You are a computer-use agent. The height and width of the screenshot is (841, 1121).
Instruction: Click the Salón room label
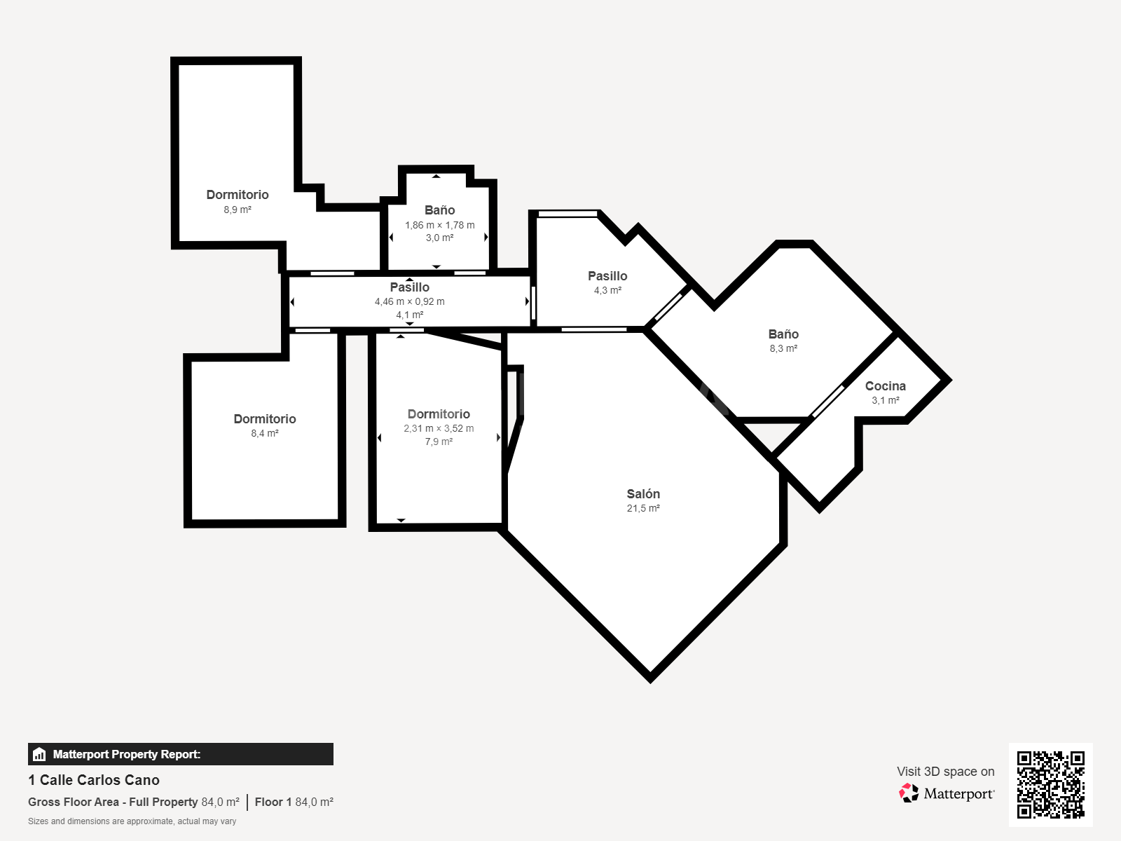point(643,494)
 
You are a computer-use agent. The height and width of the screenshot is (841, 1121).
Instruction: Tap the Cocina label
point(886,386)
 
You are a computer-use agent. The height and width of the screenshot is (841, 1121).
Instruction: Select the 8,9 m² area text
point(238,210)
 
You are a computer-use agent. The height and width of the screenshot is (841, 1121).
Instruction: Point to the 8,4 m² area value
point(265,434)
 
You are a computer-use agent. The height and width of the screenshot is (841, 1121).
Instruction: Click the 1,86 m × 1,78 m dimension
point(439,225)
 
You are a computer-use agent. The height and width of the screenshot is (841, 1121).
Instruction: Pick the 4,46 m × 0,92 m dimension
point(409,302)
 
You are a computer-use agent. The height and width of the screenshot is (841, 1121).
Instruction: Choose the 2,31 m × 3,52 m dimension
point(439,428)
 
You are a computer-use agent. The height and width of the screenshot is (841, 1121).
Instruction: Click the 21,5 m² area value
point(643,509)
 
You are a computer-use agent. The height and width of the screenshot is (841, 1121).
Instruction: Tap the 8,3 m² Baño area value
point(783,348)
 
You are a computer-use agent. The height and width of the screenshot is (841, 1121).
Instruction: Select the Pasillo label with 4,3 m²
point(607,276)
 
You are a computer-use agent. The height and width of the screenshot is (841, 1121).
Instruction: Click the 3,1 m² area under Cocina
point(886,400)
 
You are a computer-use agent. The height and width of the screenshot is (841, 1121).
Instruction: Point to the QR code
point(1050,784)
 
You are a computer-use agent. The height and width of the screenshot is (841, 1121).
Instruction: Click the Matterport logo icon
point(909,793)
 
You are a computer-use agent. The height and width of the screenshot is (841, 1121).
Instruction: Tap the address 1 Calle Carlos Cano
point(94,780)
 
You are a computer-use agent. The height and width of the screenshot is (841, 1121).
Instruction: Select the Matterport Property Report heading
point(127,754)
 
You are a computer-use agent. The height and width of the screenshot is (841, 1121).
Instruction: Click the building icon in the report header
point(39,754)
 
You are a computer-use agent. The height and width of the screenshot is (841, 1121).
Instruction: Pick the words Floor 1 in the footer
point(273,802)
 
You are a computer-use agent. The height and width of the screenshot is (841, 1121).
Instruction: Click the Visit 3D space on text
point(945,772)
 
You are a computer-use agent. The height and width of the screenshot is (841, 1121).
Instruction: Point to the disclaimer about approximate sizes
point(132,821)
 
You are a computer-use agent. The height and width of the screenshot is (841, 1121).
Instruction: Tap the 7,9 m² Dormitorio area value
point(439,442)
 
